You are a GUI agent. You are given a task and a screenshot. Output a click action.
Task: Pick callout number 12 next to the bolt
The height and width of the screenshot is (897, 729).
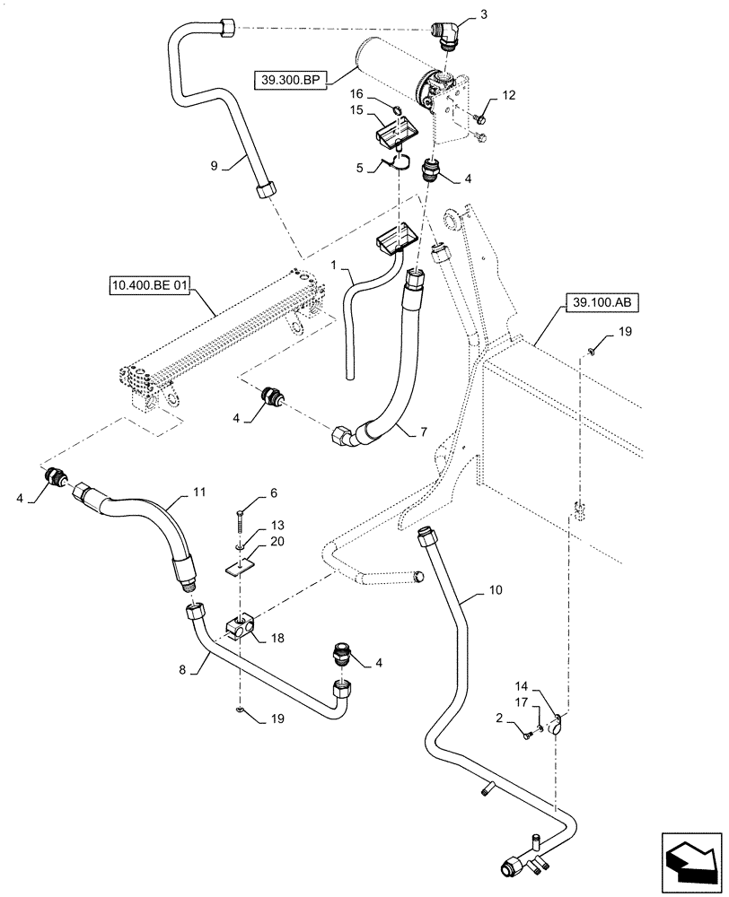pos(509,94)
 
